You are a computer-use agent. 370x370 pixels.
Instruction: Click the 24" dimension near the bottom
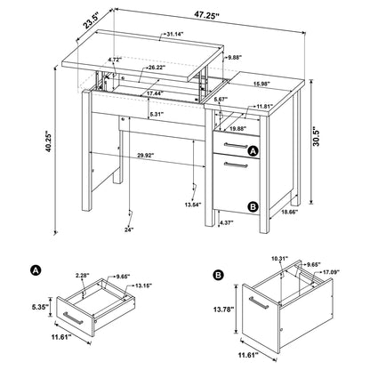click(104, 230)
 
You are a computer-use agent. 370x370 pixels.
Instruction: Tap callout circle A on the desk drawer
click(253, 152)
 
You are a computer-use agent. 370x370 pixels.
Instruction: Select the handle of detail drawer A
click(73, 318)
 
